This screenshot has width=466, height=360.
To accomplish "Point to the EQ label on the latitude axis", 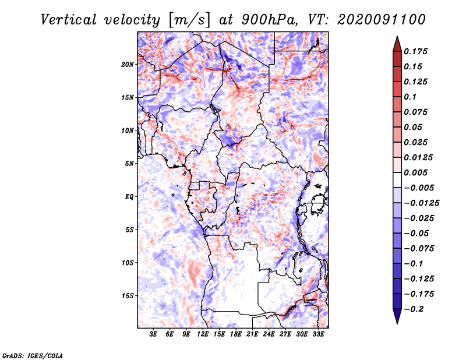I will coord(129,196).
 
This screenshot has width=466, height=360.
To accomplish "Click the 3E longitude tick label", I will coord(154,335).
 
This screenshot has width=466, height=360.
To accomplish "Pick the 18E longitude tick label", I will coord(236,335).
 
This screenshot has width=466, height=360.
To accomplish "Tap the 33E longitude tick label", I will coord(318,335).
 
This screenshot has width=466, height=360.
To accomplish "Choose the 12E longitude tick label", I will coord(203,335).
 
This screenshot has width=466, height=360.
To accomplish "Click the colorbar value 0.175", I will coord(418,51).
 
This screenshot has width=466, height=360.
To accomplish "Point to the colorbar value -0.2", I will coord(416,309).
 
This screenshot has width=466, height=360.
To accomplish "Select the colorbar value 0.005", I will coord(418,172).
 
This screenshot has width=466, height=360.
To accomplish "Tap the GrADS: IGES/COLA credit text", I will coord(32,355).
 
